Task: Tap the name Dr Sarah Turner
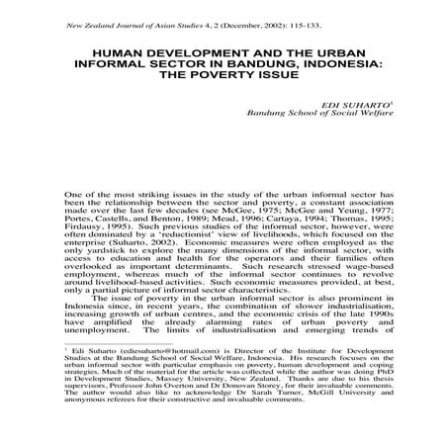(x=266, y=432)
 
